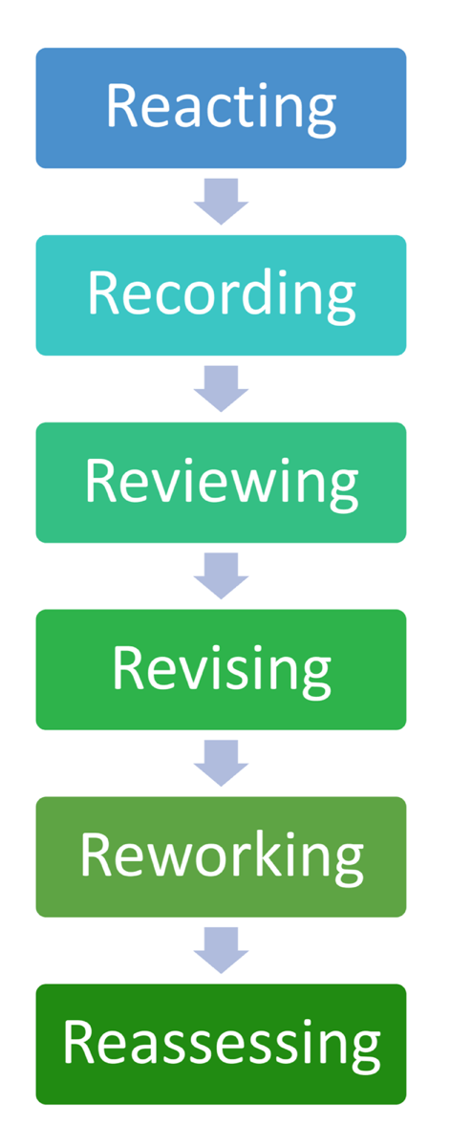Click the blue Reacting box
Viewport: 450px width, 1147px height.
click(x=221, y=108)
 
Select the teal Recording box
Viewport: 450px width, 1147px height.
click(x=221, y=295)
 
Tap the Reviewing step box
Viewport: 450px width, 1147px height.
click(x=221, y=483)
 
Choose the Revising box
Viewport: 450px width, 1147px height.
click(x=221, y=669)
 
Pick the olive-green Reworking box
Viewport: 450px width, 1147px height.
click(x=221, y=856)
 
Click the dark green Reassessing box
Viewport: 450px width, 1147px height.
click(x=221, y=1044)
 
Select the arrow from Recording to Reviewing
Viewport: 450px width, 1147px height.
click(x=221, y=388)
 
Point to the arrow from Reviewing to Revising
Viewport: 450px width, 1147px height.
click(x=221, y=575)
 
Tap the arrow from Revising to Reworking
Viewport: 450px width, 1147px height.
click(x=221, y=763)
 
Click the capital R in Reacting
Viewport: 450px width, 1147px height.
click(x=121, y=106)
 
